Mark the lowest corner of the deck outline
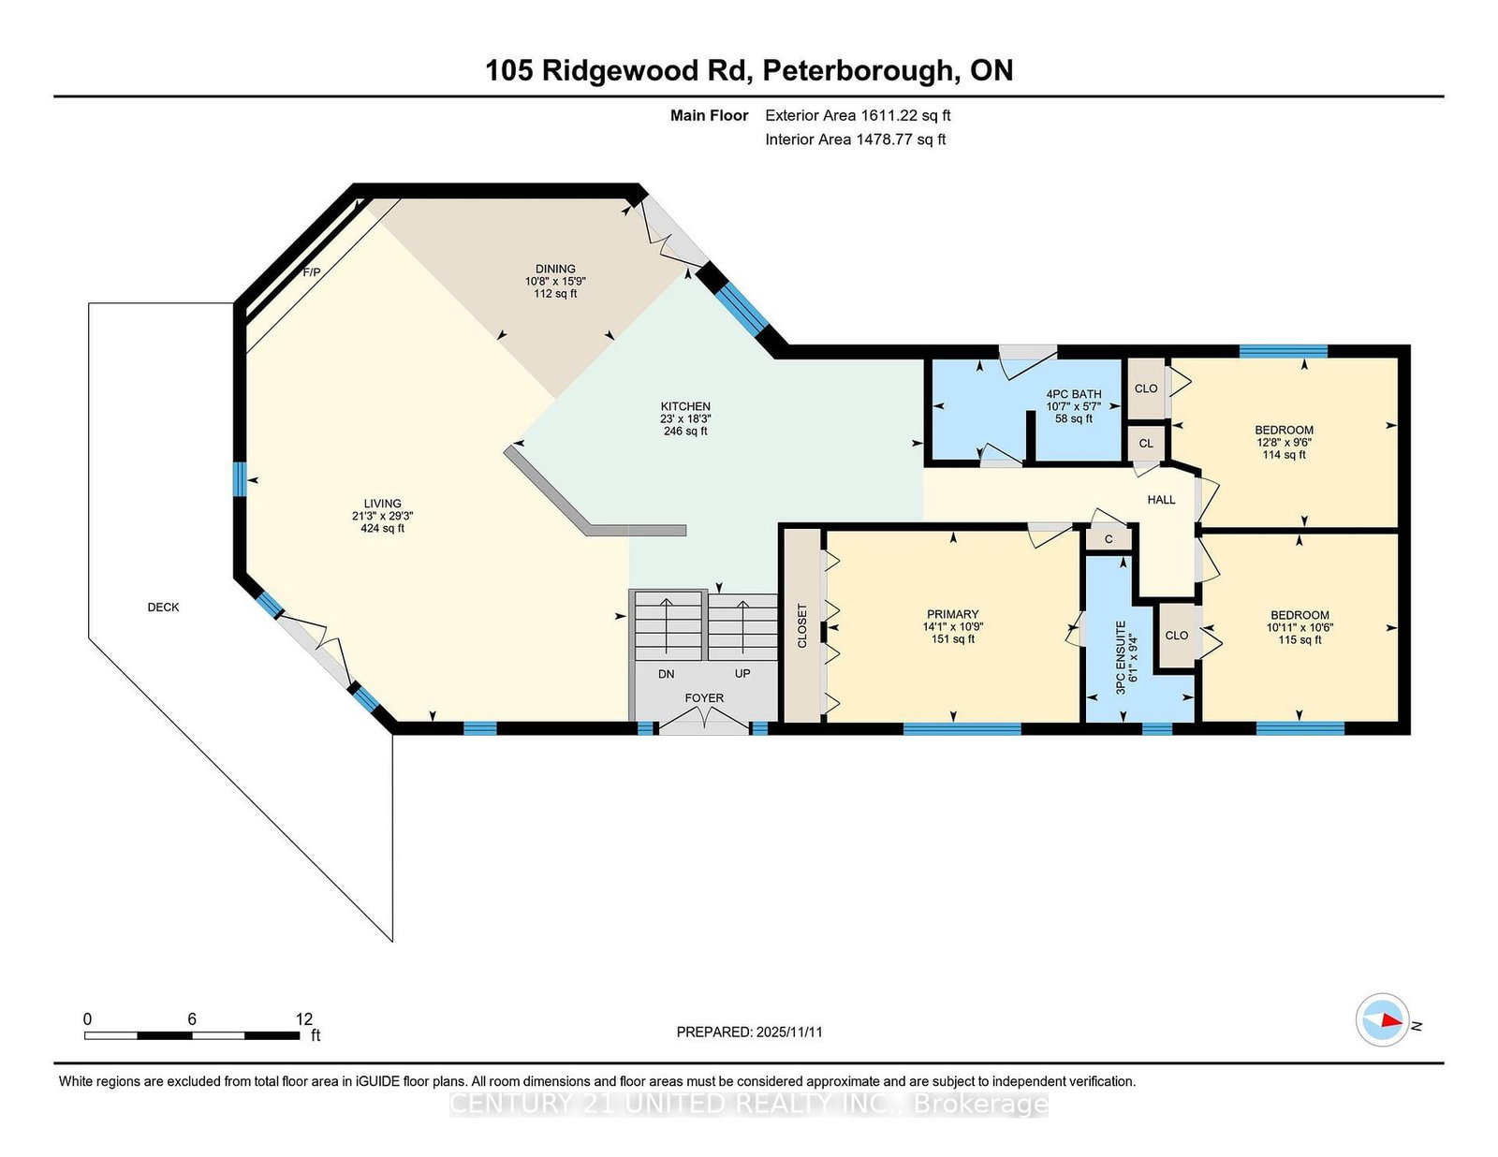[x=393, y=942]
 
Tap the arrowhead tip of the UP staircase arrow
[x=742, y=601]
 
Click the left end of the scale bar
[x=85, y=1035]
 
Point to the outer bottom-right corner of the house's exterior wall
[x=1410, y=735]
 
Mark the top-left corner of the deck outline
[x=89, y=303]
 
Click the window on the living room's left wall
[x=239, y=479]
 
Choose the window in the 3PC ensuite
[x=1157, y=728]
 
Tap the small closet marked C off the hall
[x=1109, y=539]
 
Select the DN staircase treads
[x=668, y=625]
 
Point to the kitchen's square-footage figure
[x=685, y=432]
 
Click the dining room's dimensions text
[x=555, y=281]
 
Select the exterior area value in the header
[x=904, y=116]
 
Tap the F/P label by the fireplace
[x=312, y=272]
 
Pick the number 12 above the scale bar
[x=304, y=1018]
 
